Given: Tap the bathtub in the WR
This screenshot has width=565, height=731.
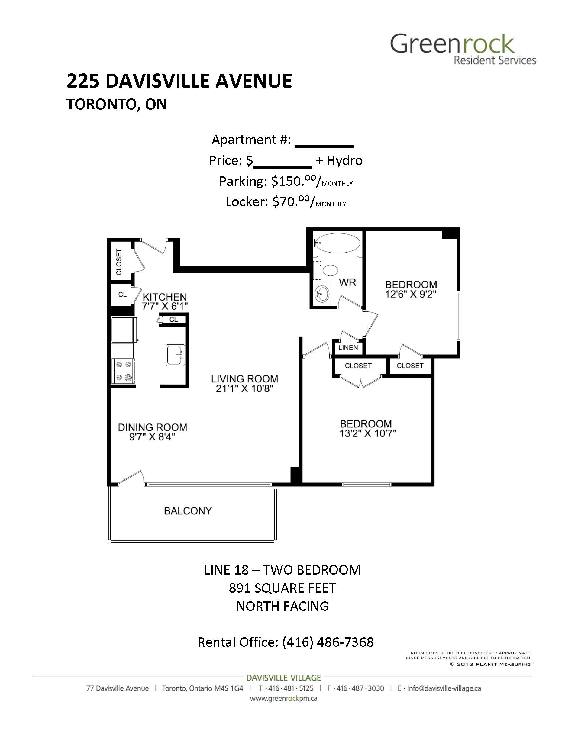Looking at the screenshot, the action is tap(338, 243).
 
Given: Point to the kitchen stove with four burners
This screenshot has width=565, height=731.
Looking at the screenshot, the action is tap(123, 371).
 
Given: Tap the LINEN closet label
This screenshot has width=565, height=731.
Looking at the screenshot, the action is tap(348, 347).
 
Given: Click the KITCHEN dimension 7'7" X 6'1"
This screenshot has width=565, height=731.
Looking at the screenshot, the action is tap(165, 306).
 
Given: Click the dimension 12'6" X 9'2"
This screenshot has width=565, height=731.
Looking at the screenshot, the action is tap(411, 294).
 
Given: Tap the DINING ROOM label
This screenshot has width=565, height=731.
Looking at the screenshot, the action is tap(152, 427).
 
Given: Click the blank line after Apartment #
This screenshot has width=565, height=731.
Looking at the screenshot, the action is tap(324, 146).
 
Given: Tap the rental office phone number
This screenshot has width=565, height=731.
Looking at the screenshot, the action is tap(328, 642).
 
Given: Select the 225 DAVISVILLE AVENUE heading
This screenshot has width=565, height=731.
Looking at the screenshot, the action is tap(179, 81).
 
